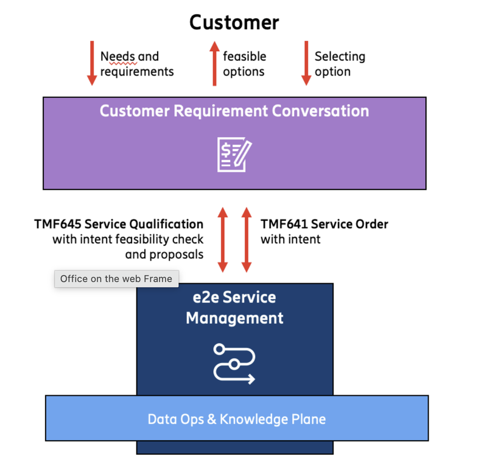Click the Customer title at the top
(234, 23)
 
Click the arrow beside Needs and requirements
(92, 63)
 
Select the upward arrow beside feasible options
(214, 63)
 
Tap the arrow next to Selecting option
(306, 63)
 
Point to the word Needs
(117, 57)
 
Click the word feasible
(245, 57)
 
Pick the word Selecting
(340, 57)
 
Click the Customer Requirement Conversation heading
(234, 111)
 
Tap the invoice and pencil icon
(234, 154)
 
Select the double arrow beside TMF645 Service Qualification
(223, 240)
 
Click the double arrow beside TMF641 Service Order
(247, 240)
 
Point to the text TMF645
(58, 224)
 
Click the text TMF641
(284, 224)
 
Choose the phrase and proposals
(164, 255)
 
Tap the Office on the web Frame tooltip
(116, 279)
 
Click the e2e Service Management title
(234, 308)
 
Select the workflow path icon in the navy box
(234, 364)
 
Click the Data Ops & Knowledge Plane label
(237, 419)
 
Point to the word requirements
(137, 72)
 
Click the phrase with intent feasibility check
(128, 239)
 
